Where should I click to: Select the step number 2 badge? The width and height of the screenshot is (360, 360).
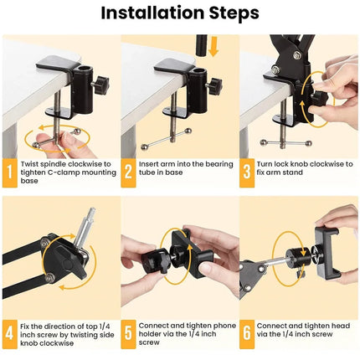tap(129, 172)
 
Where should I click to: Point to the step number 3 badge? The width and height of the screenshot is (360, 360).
tap(249, 172)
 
